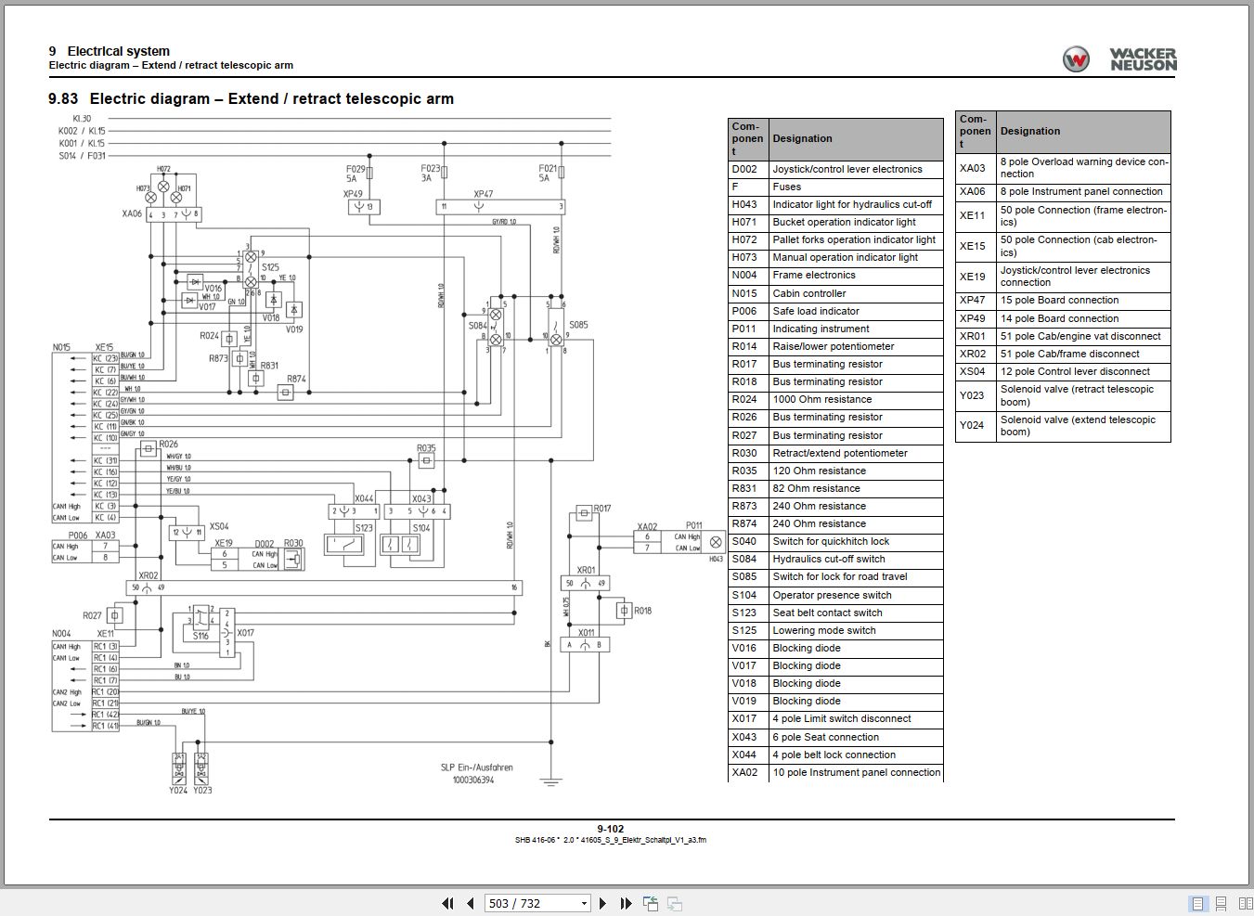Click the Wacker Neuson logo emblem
pyautogui.click(x=1076, y=59)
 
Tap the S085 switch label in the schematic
pyautogui.click(x=578, y=325)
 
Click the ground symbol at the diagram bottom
pyautogui.click(x=551, y=782)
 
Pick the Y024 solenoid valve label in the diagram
pyautogui.click(x=178, y=790)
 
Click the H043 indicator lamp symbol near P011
pyautogui.click(x=716, y=542)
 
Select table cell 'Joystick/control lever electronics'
pyautogui.click(x=847, y=169)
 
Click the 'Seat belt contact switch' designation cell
pyautogui.click(x=827, y=613)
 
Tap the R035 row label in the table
pyautogui.click(x=744, y=471)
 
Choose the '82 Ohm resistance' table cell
pyautogui.click(x=816, y=488)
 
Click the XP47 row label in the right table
pyautogui.click(x=972, y=300)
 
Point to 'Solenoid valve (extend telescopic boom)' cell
pyautogui.click(x=1077, y=425)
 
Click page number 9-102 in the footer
pyautogui.click(x=610, y=829)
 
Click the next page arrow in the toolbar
pyautogui.click(x=602, y=903)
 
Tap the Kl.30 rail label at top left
pyautogui.click(x=81, y=119)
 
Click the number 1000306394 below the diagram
pyautogui.click(x=472, y=780)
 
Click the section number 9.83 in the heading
pyautogui.click(x=63, y=98)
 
